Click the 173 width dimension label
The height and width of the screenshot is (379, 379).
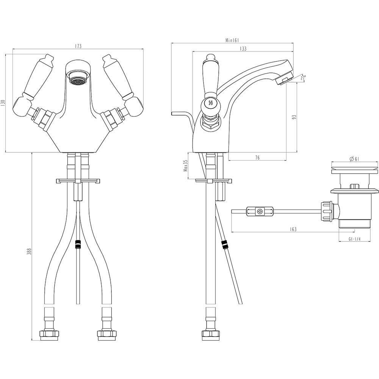78,46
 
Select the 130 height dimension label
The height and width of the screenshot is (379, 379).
3,103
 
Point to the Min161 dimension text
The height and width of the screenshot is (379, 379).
232,41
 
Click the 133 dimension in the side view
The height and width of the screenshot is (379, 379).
243,49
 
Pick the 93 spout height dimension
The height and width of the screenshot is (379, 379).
294,117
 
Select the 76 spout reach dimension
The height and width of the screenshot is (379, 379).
257,158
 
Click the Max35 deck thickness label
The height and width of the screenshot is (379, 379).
186,165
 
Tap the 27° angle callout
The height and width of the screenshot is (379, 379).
303,78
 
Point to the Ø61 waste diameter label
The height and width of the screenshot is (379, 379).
354,159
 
